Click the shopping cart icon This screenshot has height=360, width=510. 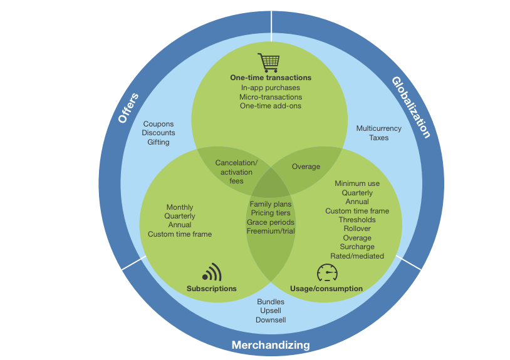click(x=269, y=63)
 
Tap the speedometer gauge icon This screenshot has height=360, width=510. click(x=326, y=273)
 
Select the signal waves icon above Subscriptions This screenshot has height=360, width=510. click(x=212, y=272)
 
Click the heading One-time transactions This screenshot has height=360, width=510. click(x=271, y=78)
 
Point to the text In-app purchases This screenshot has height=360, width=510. click(x=271, y=88)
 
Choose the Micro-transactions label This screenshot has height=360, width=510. click(x=271, y=97)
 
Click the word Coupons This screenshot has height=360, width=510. click(x=159, y=124)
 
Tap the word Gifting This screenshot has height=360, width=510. click(x=159, y=142)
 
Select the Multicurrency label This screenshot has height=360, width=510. click(x=379, y=128)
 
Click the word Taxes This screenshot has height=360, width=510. click(x=379, y=138)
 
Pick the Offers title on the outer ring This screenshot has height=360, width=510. click(x=128, y=108)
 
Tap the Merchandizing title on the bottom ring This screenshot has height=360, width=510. click(x=271, y=345)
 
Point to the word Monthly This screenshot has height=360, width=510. click(x=180, y=207)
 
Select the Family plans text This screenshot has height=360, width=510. click(x=271, y=204)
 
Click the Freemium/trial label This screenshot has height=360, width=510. click(x=271, y=231)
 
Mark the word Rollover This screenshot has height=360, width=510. click(x=357, y=229)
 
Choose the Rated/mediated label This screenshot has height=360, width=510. click(x=357, y=256)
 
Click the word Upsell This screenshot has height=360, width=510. click(x=271, y=311)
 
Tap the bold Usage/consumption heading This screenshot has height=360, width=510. click(x=326, y=289)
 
